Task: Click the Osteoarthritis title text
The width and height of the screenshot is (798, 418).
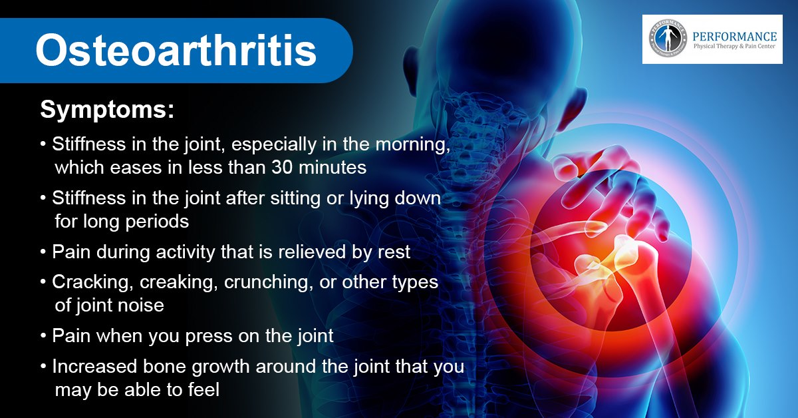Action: [176, 50]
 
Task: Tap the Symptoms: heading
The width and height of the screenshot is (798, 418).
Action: [107, 110]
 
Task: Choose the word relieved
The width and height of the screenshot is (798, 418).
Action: [312, 252]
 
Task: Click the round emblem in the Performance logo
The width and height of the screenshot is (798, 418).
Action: [668, 39]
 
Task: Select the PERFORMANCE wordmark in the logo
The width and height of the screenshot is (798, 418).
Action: [735, 37]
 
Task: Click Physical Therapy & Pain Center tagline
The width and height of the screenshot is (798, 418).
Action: [734, 47]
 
